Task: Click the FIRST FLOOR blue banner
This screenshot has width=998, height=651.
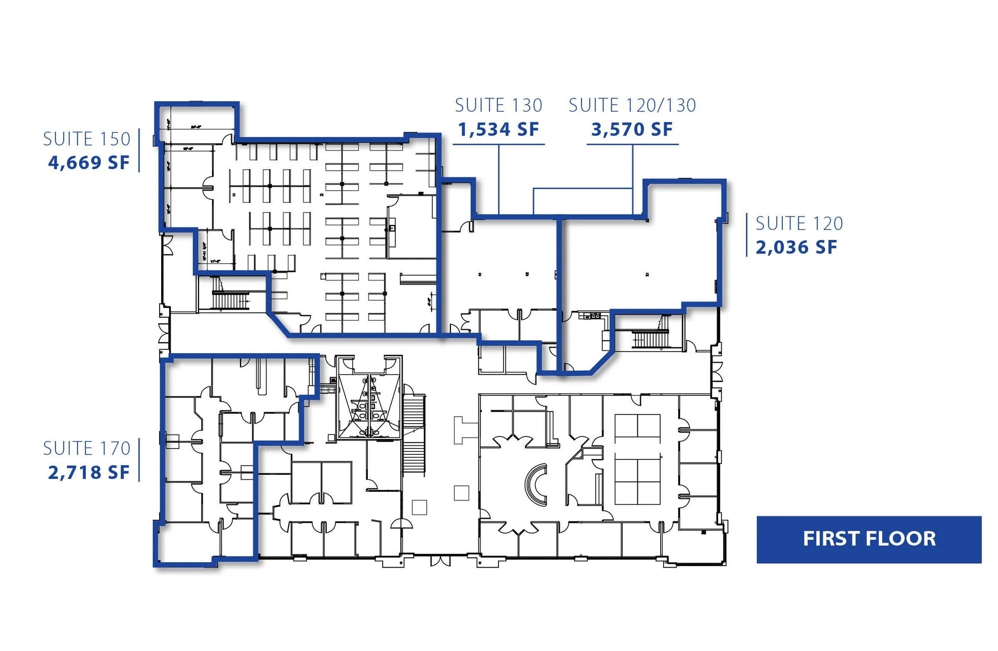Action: pyautogui.click(x=869, y=539)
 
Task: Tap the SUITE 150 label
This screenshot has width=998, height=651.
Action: pyautogui.click(x=86, y=139)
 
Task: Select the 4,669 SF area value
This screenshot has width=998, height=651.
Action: pyautogui.click(x=88, y=163)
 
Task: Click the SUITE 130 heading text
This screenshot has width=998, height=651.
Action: pyautogui.click(x=498, y=105)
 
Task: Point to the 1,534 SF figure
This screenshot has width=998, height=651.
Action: pyautogui.click(x=498, y=130)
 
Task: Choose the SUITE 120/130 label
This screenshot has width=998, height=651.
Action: pyautogui.click(x=632, y=105)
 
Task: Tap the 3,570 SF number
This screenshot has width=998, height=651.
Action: pyautogui.click(x=632, y=130)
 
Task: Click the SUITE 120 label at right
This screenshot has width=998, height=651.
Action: pyautogui.click(x=799, y=223)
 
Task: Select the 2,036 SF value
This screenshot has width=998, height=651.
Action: pyautogui.click(x=796, y=247)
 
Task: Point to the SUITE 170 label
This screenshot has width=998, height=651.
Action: pyautogui.click(x=86, y=448)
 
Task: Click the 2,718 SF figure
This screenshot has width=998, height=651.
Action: pyautogui.click(x=88, y=472)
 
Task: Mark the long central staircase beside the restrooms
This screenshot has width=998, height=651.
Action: pyautogui.click(x=414, y=434)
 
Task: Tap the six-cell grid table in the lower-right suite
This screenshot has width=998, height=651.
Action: pyautogui.click(x=637, y=459)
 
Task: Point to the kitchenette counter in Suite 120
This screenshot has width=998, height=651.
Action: pyautogui.click(x=592, y=316)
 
